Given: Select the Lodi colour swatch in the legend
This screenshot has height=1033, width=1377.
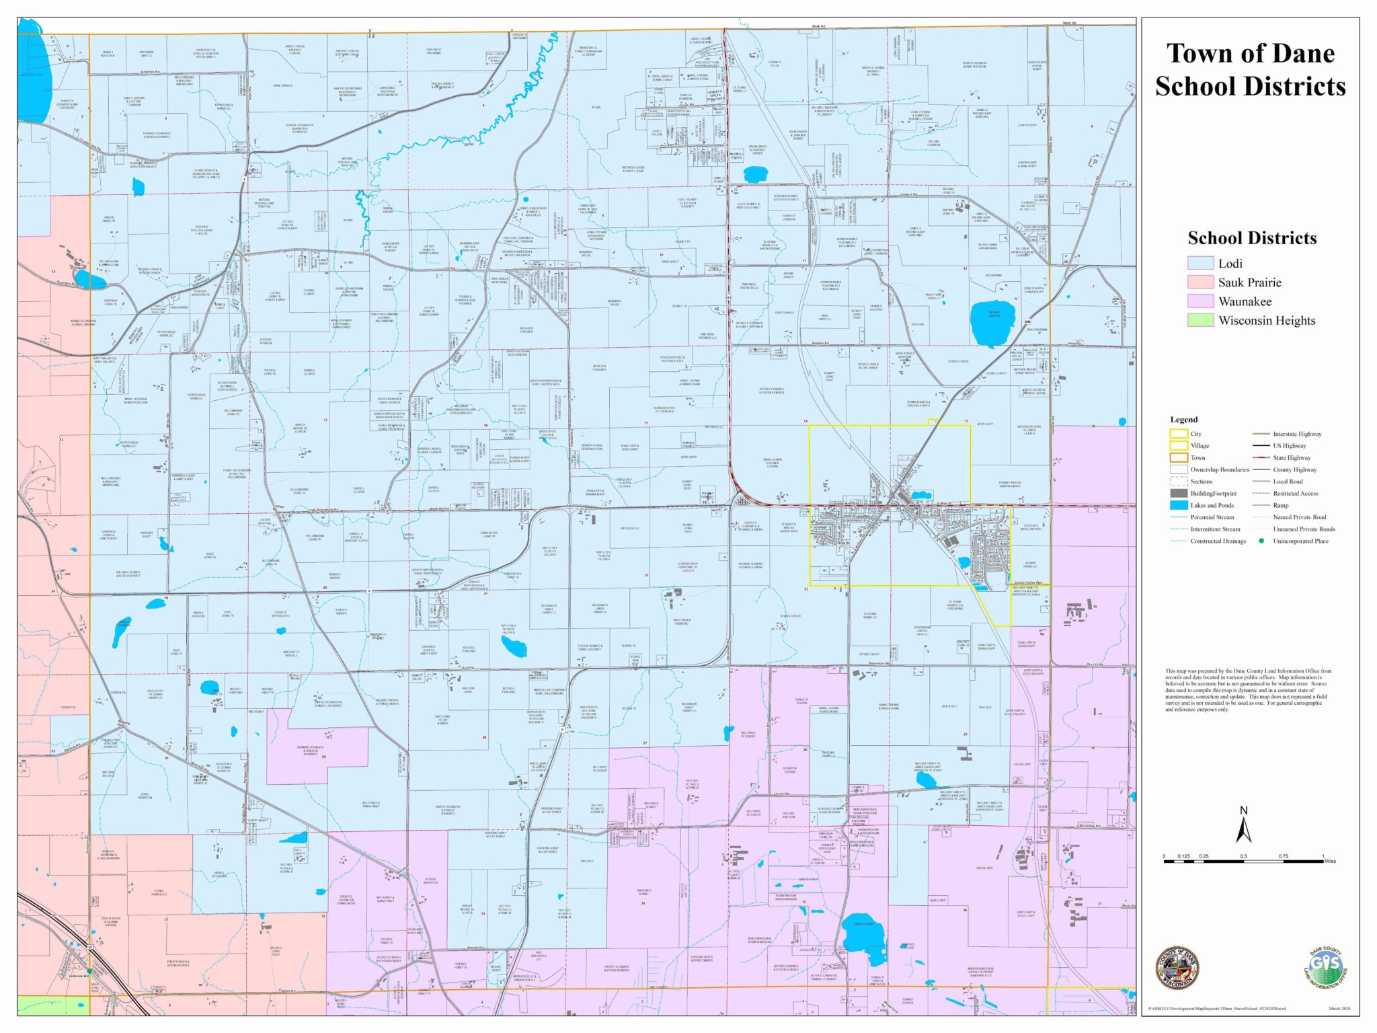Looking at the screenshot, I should pyautogui.click(x=1199, y=263).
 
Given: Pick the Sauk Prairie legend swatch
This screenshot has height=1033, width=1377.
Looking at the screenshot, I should pyautogui.click(x=1199, y=282).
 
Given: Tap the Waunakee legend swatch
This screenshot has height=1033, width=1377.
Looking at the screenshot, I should pyautogui.click(x=1199, y=301).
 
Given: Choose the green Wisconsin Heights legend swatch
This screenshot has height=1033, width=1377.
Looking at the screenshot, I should pyautogui.click(x=1199, y=320).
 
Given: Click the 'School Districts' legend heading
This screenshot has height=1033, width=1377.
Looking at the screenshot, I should pyautogui.click(x=1252, y=238).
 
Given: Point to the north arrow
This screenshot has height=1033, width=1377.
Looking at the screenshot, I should pyautogui.click(x=1243, y=825).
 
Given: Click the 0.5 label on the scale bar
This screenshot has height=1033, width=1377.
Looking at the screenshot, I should pyautogui.click(x=1243, y=856).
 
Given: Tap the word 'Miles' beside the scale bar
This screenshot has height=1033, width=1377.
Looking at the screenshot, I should pyautogui.click(x=1329, y=861).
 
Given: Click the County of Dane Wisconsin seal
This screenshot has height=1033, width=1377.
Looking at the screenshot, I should pyautogui.click(x=1177, y=968).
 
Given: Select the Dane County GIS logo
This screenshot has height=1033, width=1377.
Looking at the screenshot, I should pyautogui.click(x=1325, y=968).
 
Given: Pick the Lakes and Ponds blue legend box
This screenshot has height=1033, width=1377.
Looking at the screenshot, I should pyautogui.click(x=1178, y=505).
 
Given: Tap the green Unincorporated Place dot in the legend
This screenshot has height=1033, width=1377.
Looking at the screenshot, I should pyautogui.click(x=1261, y=541).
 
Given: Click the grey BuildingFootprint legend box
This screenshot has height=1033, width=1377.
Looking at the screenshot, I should pyautogui.click(x=1178, y=493).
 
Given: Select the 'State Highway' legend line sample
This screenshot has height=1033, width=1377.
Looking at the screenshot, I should pyautogui.click(x=1260, y=457).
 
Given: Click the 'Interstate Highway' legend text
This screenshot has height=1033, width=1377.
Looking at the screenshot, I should pyautogui.click(x=1297, y=434).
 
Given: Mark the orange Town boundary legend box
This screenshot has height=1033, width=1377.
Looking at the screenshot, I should pyautogui.click(x=1178, y=457).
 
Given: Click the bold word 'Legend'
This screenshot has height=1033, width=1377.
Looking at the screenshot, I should pyautogui.click(x=1183, y=419).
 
